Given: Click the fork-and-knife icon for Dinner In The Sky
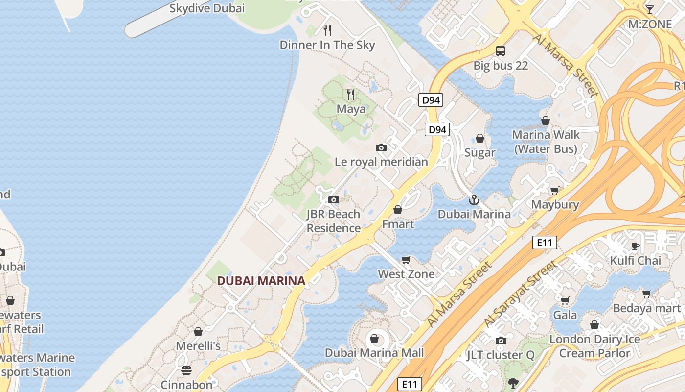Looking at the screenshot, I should pyautogui.click(x=327, y=30).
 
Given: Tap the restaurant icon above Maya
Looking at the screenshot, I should pyautogui.click(x=351, y=94).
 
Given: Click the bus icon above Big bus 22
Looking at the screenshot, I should pyautogui.click(x=501, y=50).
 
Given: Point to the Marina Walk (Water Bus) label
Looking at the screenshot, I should pyautogui.click(x=546, y=142).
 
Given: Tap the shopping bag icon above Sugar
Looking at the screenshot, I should pyautogui.click(x=480, y=138).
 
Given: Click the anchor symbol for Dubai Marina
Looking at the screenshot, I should pyautogui.click(x=474, y=200).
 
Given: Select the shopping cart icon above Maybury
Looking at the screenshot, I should pyautogui.click(x=555, y=190).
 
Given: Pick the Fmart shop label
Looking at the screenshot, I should pyautogui.click(x=398, y=224).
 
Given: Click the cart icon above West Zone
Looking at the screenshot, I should pyautogui.click(x=406, y=260).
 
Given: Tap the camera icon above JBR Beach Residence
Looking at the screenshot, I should pyautogui.click(x=334, y=199).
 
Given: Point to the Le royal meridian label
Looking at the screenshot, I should pyautogui.click(x=381, y=162).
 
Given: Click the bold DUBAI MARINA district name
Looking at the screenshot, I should pyautogui.click(x=261, y=281).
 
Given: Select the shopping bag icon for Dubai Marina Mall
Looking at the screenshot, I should pyautogui.click(x=374, y=339).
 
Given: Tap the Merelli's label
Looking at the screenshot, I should pyautogui.click(x=198, y=346).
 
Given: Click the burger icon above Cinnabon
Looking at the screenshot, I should pyautogui.click(x=186, y=370).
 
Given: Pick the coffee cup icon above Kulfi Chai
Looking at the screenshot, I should pyautogui.click(x=636, y=246).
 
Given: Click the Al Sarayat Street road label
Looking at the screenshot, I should pyautogui.click(x=521, y=294).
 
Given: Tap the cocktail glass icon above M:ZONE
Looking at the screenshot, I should pyautogui.click(x=649, y=10).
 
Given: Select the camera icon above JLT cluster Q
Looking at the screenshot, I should pyautogui.click(x=501, y=341).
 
